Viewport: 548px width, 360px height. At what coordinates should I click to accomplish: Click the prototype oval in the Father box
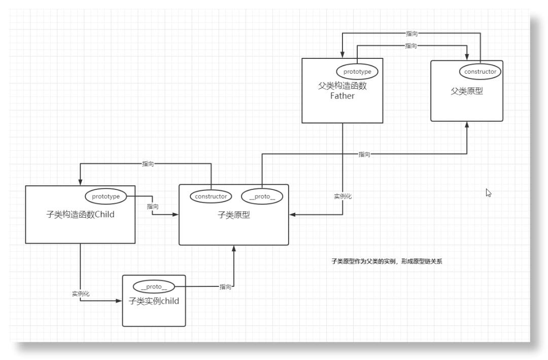coord(357,72)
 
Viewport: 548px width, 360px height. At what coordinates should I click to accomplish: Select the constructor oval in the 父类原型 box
coord(480,72)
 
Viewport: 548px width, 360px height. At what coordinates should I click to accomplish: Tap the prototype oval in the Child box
coord(106,196)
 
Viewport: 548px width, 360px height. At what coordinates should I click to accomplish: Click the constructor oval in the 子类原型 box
coord(211,196)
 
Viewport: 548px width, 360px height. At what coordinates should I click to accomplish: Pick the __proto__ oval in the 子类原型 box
coord(262,196)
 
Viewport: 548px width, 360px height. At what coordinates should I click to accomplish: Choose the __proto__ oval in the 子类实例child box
coord(153,286)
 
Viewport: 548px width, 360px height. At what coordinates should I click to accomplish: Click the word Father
coord(342,95)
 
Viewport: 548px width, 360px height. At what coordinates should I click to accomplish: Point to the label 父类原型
coord(466,91)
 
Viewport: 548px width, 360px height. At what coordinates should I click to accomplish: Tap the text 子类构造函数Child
coord(80,214)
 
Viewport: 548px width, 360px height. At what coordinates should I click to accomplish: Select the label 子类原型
coord(233,215)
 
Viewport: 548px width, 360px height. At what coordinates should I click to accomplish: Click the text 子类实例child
coord(154,301)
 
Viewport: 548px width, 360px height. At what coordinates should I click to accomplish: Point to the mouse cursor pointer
coord(488,192)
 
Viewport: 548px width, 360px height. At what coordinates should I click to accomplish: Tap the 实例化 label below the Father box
coord(342,196)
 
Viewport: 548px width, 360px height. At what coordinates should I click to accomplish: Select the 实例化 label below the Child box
coord(81,293)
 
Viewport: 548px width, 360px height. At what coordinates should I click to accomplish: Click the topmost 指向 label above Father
coord(412,34)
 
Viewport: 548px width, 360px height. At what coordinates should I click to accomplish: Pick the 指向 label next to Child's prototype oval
coord(153,207)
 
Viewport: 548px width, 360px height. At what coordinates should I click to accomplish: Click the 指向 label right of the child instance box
coord(225,287)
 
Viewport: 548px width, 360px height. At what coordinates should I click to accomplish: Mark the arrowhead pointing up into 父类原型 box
coord(466,125)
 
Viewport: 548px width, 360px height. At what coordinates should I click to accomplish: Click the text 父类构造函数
coord(342,86)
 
